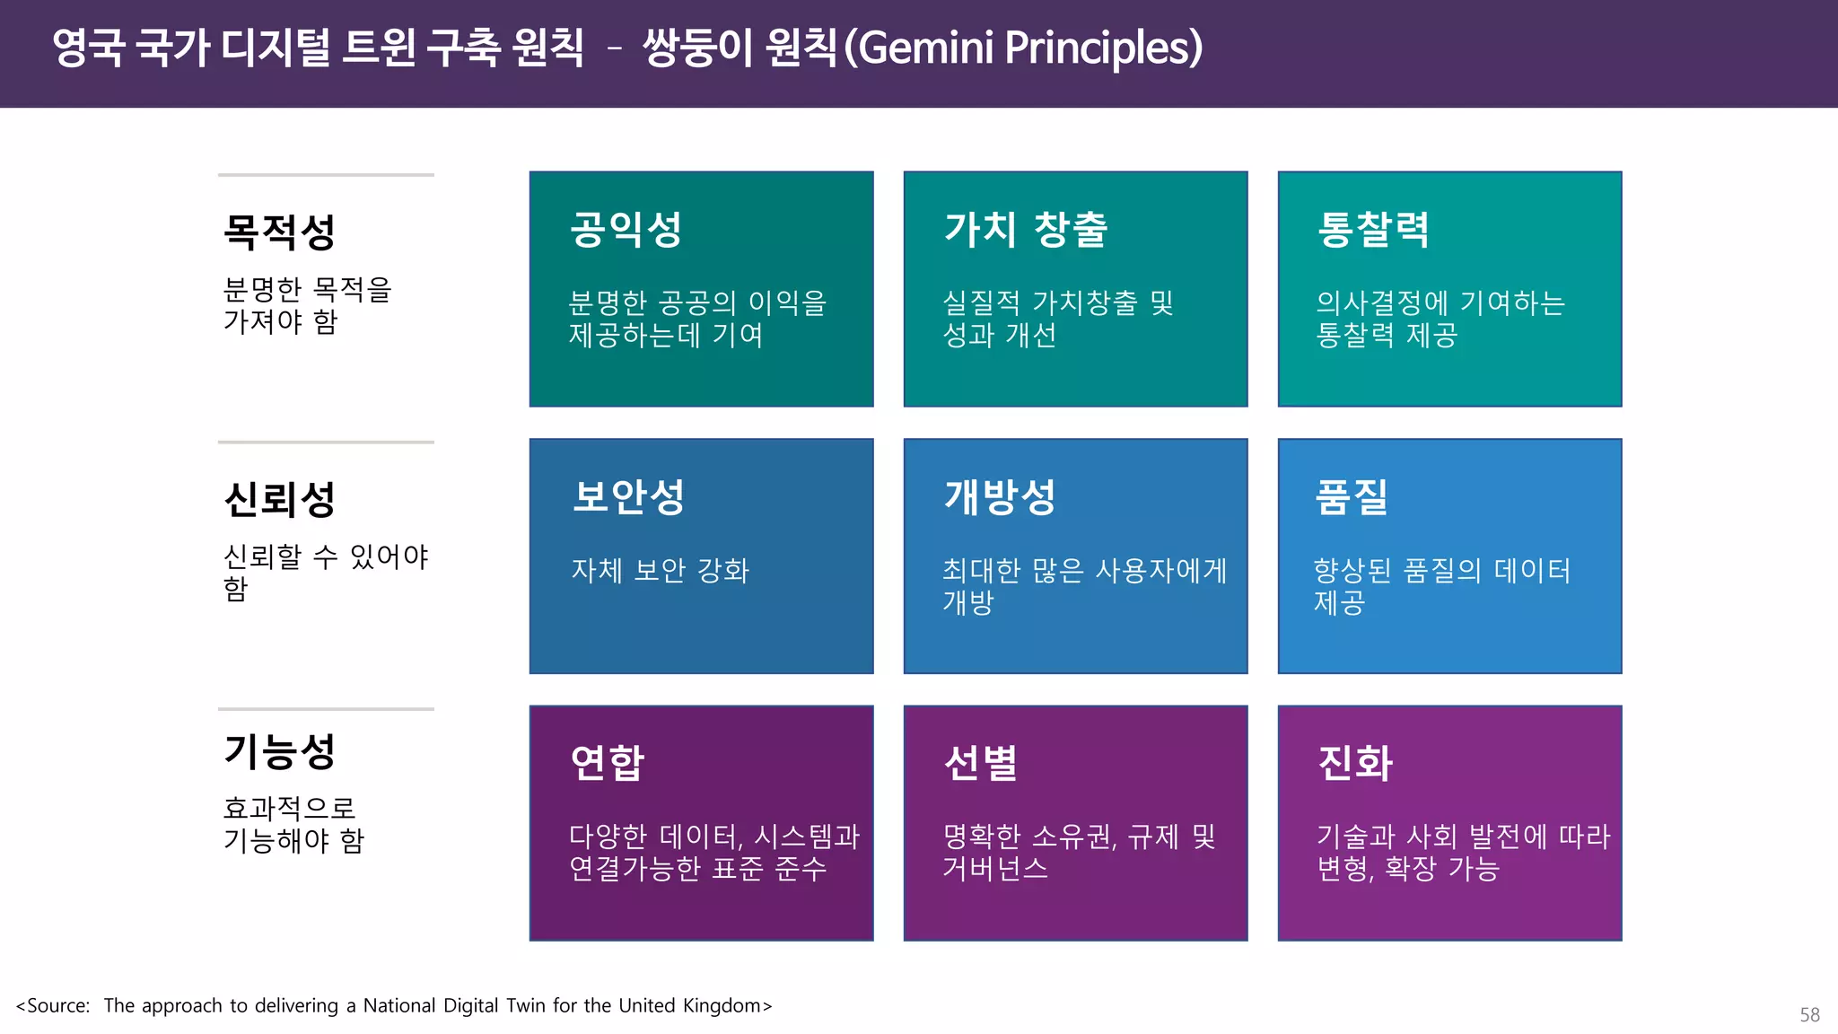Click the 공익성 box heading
626,230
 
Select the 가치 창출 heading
1026,230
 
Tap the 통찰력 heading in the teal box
1373,230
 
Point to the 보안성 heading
628,496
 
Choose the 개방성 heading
1000,496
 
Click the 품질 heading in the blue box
1352,496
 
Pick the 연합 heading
608,763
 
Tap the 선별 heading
981,763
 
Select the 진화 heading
1355,763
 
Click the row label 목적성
279,232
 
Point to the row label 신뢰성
279,499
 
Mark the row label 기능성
279,751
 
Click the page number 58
1809,1014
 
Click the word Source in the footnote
57,1005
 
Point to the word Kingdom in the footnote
722,1005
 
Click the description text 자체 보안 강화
660,570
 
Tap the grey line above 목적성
326,175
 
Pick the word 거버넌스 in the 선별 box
995,868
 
